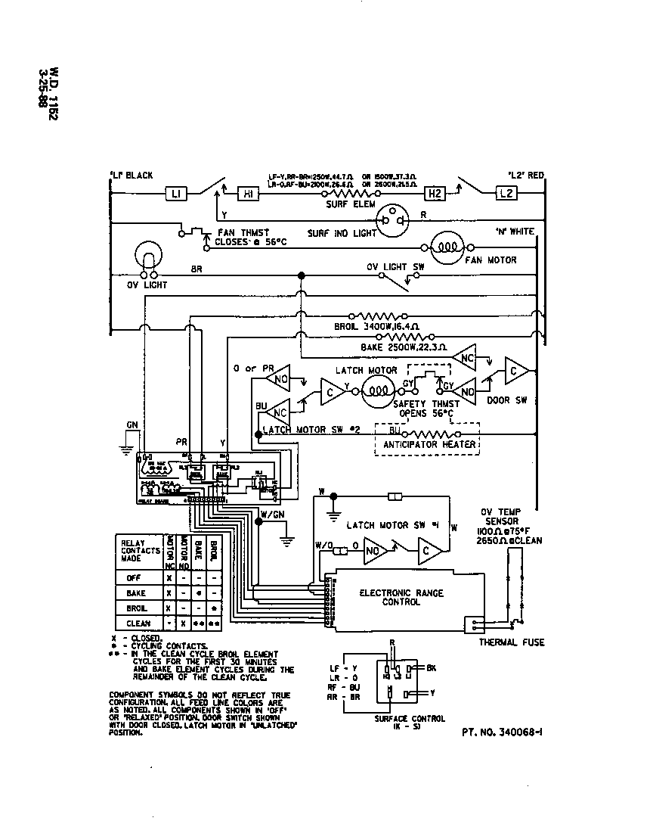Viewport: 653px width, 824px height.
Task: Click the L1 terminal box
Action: point(175,194)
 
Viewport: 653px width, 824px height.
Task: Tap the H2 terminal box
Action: point(435,194)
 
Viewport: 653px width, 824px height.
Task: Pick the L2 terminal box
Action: point(506,194)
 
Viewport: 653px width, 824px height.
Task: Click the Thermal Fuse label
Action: point(511,642)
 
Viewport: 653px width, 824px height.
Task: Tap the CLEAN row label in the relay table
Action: point(138,623)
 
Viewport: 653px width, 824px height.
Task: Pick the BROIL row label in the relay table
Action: point(138,608)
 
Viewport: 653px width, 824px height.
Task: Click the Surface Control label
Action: point(410,718)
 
